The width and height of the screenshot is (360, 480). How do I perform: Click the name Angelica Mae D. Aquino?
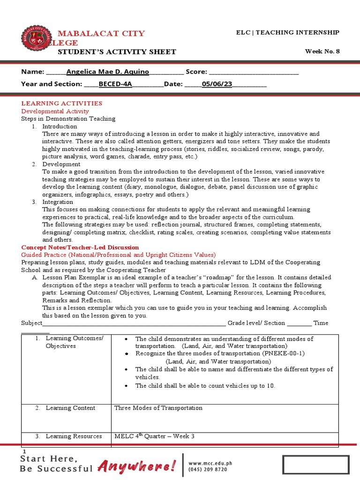click(x=107, y=72)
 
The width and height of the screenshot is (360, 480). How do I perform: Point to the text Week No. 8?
click(x=322, y=52)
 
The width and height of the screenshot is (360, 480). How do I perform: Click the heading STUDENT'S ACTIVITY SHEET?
click(x=117, y=52)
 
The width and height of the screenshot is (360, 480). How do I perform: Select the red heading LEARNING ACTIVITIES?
click(x=62, y=103)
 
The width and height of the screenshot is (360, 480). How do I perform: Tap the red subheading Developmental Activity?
click(x=55, y=111)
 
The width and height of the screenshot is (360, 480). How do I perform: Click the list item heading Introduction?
click(x=60, y=127)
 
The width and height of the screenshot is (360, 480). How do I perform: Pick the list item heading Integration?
click(x=58, y=202)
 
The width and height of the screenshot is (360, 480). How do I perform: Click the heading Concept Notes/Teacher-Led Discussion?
click(x=80, y=247)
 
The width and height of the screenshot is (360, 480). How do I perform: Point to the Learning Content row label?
click(x=70, y=408)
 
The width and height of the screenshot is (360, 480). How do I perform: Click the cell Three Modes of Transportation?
click(x=158, y=408)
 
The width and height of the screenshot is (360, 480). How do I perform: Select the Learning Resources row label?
click(x=74, y=436)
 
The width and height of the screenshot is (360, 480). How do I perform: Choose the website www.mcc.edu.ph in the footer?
click(x=210, y=463)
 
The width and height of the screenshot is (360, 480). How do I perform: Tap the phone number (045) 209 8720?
click(x=208, y=469)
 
